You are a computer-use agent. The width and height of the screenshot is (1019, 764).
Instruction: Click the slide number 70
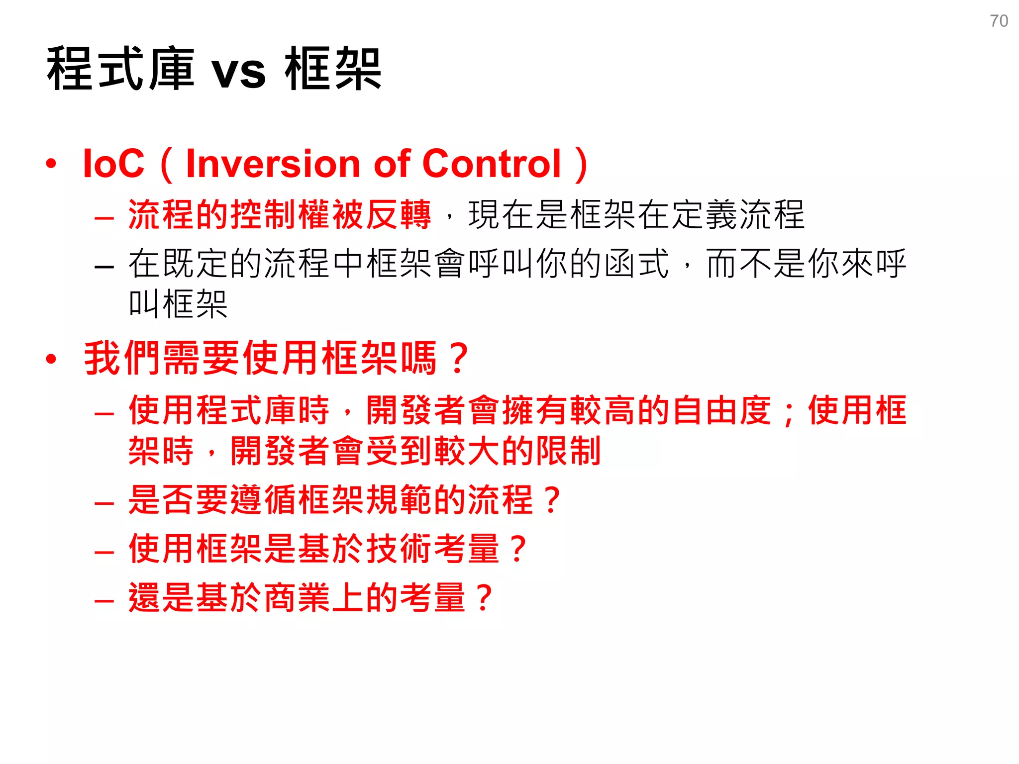click(x=999, y=21)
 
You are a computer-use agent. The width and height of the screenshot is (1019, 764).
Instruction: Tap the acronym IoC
click(x=113, y=164)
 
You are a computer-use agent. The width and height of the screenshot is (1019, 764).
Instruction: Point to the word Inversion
click(x=273, y=164)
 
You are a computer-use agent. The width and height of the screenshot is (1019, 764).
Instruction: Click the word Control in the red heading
click(x=491, y=164)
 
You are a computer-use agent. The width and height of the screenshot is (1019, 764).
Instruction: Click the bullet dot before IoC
click(x=51, y=164)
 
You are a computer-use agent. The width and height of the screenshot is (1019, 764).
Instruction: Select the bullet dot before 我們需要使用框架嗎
click(x=51, y=359)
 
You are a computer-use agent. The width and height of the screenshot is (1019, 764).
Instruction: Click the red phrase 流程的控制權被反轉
click(x=280, y=214)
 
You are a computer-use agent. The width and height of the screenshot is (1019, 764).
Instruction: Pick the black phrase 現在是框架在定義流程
click(x=636, y=214)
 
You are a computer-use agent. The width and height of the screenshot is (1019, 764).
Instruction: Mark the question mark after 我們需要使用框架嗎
click(x=458, y=359)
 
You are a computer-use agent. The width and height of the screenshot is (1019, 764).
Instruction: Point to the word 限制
click(x=568, y=451)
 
